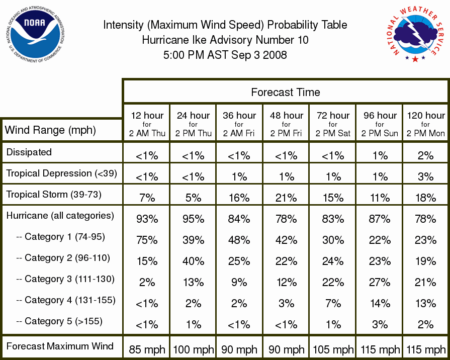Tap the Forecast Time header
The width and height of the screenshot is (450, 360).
point(285,92)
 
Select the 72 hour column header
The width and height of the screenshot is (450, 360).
point(333,124)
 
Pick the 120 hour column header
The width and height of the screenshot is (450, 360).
point(425,124)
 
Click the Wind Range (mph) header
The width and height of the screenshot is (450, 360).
point(50,130)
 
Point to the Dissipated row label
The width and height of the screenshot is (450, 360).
point(29,152)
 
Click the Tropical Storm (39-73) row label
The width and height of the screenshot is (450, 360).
point(54,195)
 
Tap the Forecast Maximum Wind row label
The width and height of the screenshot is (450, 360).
point(60,346)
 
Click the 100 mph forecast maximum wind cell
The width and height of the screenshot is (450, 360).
point(194,349)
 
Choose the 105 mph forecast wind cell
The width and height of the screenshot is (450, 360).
point(333,349)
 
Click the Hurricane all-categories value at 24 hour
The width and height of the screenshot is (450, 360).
point(194,219)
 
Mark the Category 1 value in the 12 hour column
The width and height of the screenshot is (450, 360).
point(147,240)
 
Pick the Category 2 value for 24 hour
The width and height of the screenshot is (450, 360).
point(194,261)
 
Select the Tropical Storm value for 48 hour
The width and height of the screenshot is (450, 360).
point(286,198)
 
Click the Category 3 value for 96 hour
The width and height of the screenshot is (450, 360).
point(380,282)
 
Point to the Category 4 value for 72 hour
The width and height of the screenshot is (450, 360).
point(333,304)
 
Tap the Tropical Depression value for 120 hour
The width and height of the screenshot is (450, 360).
point(425,176)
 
